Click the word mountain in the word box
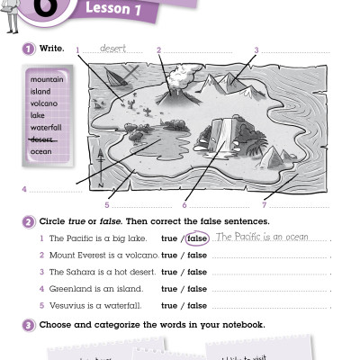point(46,79)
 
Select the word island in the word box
point(40,91)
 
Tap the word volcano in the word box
point(43,103)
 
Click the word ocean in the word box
point(41,152)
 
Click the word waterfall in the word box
point(45,128)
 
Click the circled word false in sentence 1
point(197,238)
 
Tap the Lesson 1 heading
point(115,11)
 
